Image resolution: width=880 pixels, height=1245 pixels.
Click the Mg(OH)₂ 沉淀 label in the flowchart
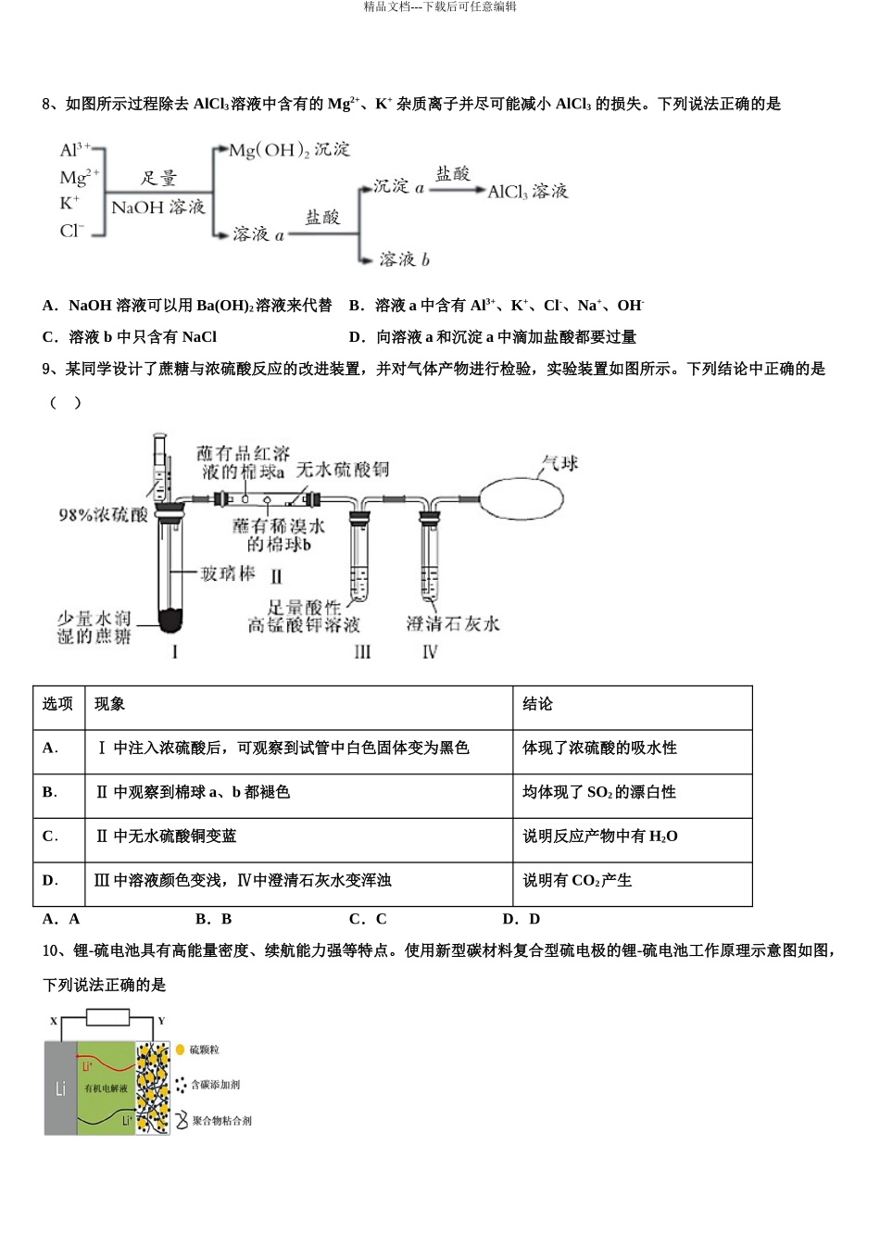289,150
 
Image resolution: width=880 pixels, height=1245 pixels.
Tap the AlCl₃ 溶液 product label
527,192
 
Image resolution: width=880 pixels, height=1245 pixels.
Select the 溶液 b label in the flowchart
404,259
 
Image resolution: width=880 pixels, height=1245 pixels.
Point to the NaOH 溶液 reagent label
157,207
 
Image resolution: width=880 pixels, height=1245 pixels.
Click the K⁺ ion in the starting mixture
70,203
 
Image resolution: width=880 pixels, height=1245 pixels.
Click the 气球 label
559,463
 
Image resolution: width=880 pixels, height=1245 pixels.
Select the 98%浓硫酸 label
103,515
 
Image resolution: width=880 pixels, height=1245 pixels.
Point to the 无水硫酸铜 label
343,470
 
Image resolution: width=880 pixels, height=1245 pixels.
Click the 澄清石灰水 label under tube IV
452,624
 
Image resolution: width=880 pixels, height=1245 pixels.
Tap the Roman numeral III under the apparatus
362,652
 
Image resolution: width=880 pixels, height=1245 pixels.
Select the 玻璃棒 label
228,574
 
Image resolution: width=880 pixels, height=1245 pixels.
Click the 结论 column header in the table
537,704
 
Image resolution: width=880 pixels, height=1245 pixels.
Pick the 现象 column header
109,704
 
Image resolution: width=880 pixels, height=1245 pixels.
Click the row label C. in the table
50,836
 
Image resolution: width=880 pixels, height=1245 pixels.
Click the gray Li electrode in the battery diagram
60,1088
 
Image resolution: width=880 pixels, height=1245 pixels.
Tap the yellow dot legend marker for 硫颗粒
181,1050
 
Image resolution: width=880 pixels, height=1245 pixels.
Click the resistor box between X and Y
107,1018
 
